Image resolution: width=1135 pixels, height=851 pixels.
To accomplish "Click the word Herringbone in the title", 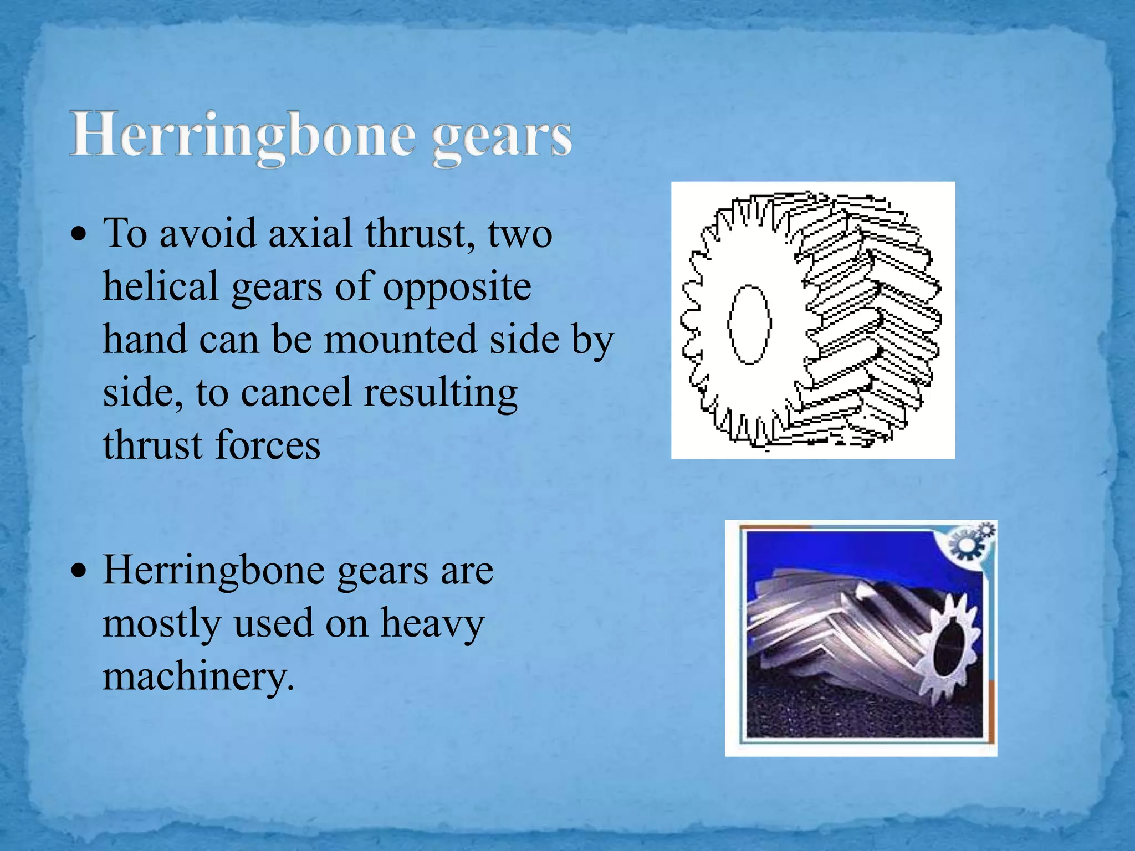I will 242,136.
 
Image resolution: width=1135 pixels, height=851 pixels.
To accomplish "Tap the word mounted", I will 400,340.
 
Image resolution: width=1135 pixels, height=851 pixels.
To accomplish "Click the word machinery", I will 198,677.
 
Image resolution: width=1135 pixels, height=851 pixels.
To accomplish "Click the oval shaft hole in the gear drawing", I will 749,324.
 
